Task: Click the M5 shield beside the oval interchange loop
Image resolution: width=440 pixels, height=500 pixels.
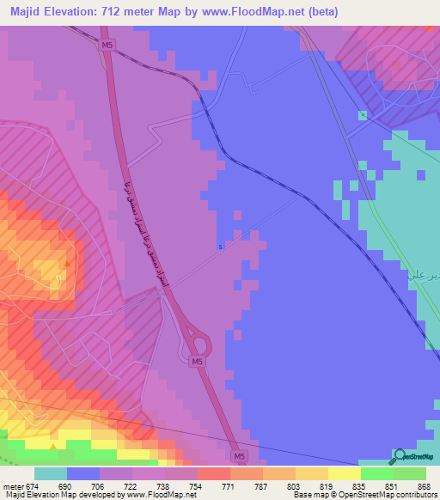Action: (199, 363)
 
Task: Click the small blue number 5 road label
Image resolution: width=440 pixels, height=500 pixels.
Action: (220, 247)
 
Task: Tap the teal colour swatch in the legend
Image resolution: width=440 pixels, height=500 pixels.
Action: (51, 473)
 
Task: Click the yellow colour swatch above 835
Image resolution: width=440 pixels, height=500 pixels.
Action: (345, 473)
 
